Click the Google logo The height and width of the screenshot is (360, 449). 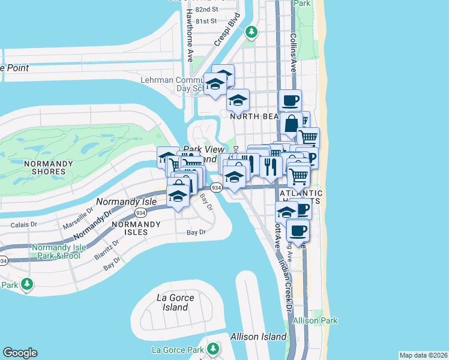(20, 353)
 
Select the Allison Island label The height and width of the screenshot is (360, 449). (258, 337)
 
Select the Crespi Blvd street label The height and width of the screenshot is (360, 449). (227, 35)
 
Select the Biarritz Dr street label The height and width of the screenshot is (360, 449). (106, 248)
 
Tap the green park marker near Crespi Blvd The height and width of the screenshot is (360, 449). (252, 32)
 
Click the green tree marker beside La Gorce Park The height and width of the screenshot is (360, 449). (212, 348)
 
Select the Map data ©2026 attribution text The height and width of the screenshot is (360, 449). (423, 355)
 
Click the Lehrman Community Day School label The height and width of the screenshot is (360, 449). (170, 83)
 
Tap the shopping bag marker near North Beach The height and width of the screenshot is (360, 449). (291, 125)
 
